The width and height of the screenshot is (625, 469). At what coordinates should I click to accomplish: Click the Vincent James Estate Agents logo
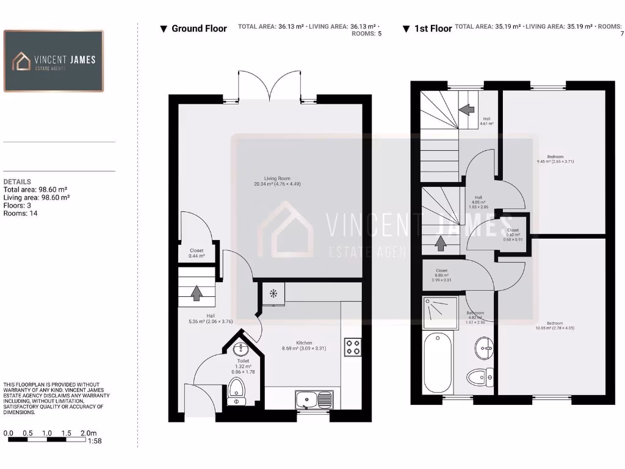pos(54,61)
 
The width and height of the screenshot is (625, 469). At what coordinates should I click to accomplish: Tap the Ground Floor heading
pos(198,29)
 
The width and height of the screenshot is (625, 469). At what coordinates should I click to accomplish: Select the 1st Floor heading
pos(433,29)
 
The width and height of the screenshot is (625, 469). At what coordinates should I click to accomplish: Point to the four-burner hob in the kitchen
pos(353,347)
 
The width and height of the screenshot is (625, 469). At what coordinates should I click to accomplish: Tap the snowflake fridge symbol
pos(273,294)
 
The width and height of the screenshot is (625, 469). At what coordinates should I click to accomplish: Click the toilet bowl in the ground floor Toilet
pos(236,388)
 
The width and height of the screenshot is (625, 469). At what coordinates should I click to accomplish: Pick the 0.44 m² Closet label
pos(197,253)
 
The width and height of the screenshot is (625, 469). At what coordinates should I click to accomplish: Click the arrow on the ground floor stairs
pos(197,293)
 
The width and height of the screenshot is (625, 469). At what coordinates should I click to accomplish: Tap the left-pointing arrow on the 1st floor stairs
pos(467,109)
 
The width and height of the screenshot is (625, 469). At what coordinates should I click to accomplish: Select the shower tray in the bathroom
pos(438,311)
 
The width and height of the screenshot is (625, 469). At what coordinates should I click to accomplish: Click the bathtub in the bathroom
pos(438,363)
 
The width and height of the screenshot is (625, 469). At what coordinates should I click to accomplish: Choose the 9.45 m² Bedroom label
pos(555,159)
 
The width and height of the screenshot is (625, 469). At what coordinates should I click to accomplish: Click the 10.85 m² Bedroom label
pos(555,325)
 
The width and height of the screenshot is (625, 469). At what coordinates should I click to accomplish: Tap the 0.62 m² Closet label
pos(513,232)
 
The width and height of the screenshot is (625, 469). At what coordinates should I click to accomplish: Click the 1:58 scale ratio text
pos(95,441)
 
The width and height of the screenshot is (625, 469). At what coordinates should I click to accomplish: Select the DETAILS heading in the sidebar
pos(17,182)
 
